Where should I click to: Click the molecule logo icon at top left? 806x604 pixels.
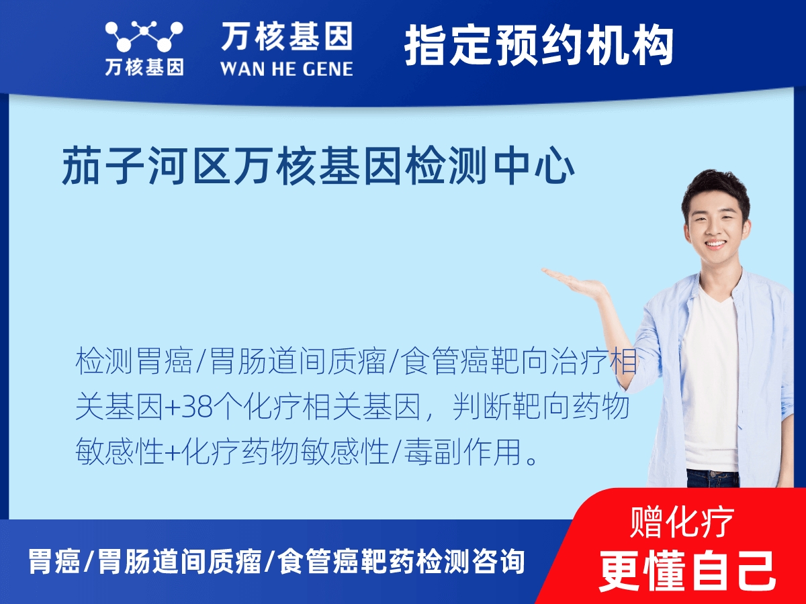pos(144,36)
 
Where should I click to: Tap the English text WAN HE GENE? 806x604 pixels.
pos(286,68)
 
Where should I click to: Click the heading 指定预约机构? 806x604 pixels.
pos(539,46)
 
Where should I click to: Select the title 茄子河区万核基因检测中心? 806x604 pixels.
pos(318,168)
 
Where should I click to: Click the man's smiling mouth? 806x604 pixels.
pos(715,245)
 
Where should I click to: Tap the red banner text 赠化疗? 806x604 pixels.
pos(682,522)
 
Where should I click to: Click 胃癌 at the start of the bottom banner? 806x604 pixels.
pos(54,562)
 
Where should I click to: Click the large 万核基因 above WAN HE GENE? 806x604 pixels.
pos(286,36)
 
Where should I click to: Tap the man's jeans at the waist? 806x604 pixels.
pos(712,478)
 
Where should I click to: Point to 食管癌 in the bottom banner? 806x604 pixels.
pos(316,562)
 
